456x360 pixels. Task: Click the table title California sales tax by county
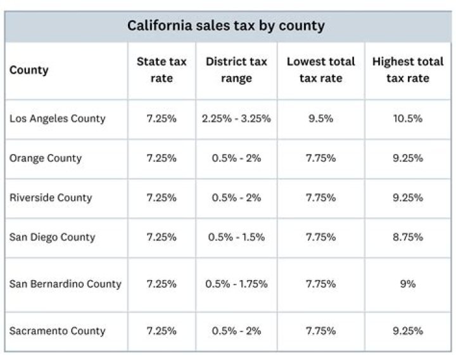click(225, 26)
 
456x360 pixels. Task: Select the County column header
click(28, 70)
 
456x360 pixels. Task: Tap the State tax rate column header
click(161, 70)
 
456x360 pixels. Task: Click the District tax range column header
click(236, 70)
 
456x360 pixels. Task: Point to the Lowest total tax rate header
click(320, 70)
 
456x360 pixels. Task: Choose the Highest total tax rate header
click(407, 70)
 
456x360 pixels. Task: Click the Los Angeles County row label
click(58, 119)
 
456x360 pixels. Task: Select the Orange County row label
click(46, 158)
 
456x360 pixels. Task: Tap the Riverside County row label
click(51, 198)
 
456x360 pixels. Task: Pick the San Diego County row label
click(52, 237)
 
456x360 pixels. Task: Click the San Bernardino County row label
click(65, 284)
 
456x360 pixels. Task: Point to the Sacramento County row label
click(58, 331)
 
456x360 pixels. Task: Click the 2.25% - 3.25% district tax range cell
click(236, 119)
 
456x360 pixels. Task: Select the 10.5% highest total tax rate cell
click(407, 119)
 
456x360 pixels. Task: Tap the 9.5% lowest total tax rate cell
click(320, 119)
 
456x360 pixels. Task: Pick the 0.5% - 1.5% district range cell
click(236, 237)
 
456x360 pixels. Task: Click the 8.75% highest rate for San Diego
click(407, 237)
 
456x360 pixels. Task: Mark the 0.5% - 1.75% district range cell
click(236, 284)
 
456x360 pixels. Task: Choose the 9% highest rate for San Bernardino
click(407, 284)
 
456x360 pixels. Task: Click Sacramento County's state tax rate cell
click(161, 331)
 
